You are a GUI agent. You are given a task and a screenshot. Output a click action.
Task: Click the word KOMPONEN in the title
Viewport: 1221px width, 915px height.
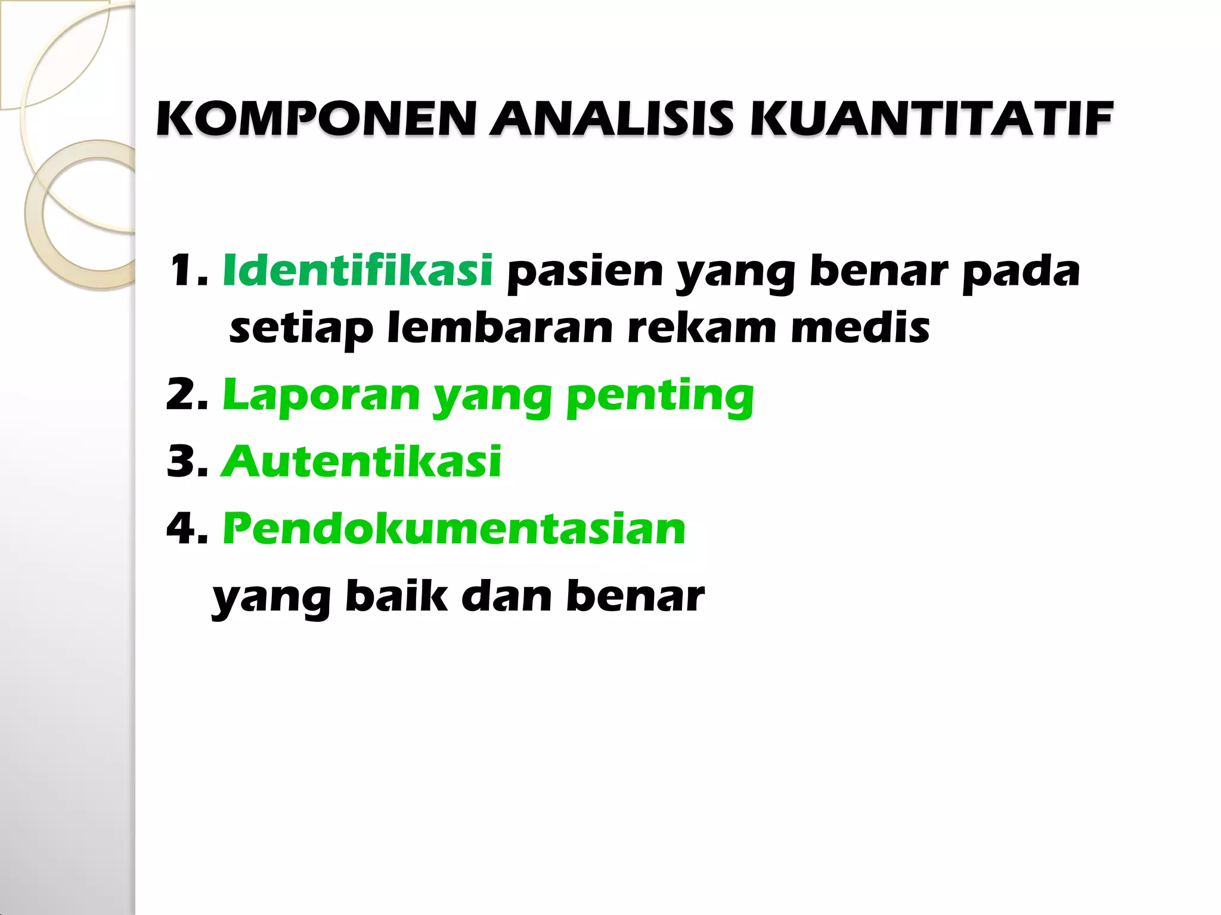(316, 119)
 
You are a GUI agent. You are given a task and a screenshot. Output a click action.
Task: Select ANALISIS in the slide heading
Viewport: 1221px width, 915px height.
(612, 119)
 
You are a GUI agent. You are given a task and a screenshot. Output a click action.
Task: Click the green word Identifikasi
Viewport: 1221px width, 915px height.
(357, 271)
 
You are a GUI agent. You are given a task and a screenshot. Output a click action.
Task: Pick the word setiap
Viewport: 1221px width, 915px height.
(301, 329)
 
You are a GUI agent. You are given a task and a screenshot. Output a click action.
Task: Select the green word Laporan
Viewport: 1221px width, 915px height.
(321, 397)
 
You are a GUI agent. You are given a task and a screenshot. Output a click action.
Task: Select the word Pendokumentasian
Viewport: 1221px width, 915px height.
(454, 529)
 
